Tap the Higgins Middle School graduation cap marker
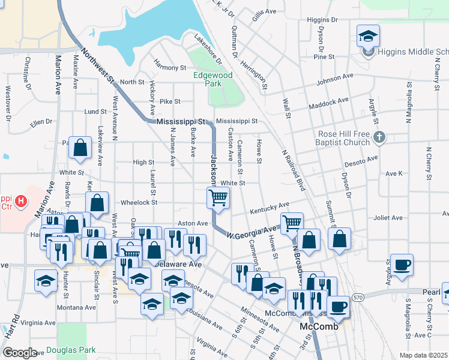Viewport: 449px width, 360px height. coord(368,37)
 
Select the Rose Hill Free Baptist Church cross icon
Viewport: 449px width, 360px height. coord(378,138)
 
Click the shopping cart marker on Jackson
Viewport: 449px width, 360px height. coord(218,197)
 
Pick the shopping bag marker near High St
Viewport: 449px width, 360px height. coord(80,148)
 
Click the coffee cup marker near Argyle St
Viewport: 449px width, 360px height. coord(402,264)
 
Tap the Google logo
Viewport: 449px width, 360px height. coord(19,353)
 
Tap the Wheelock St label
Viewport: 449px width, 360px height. coord(139,203)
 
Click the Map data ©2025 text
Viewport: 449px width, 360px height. coord(423,355)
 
